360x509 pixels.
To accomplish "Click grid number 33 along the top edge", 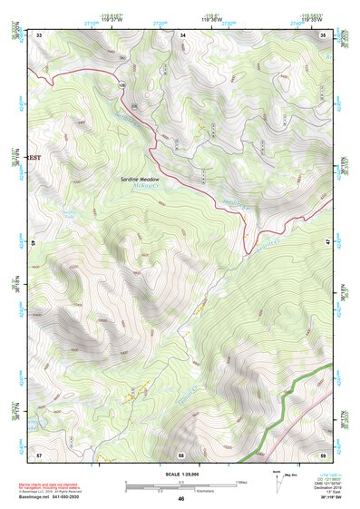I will click(x=39, y=34).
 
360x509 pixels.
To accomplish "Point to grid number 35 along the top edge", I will click(x=324, y=34).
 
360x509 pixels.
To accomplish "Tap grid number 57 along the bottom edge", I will click(x=39, y=454).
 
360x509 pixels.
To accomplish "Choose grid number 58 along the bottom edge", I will click(x=181, y=454).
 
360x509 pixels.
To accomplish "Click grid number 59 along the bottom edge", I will click(x=324, y=454).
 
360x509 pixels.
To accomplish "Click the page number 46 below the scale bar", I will click(x=180, y=499).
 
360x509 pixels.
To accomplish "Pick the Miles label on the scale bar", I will click(x=240, y=482).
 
